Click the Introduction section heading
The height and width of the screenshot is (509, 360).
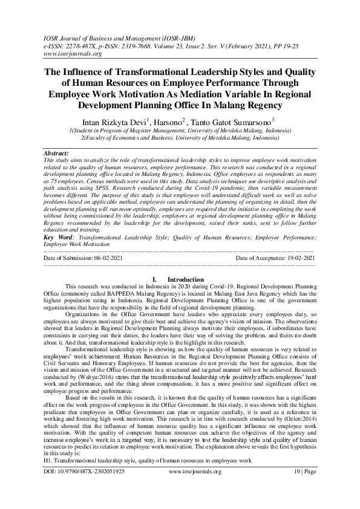click(x=185, y=279)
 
